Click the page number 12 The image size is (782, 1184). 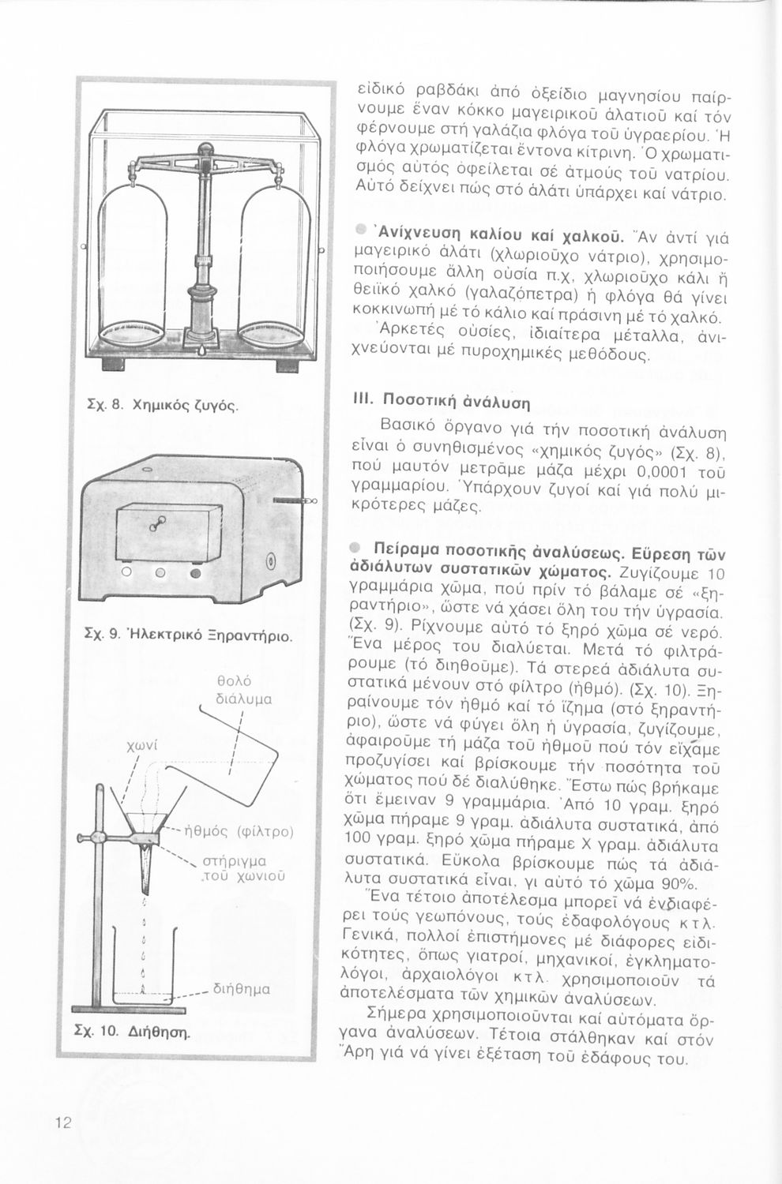point(63,1123)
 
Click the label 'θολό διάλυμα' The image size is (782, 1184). point(244,689)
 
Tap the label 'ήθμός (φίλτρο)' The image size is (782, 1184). point(238,830)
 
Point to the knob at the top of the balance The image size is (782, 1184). point(205,148)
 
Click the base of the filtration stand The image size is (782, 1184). point(124,1006)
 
